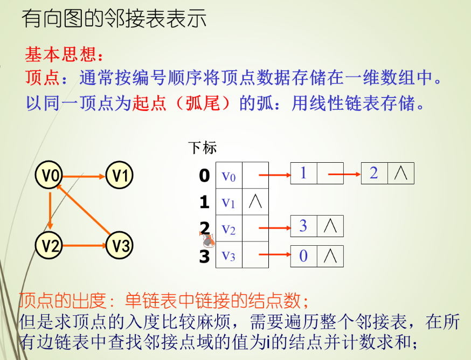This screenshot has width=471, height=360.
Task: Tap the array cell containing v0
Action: (x=229, y=175)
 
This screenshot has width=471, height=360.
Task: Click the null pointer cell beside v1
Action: (x=255, y=202)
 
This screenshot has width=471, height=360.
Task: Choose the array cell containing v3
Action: (x=229, y=255)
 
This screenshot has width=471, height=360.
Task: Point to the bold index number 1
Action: (x=204, y=202)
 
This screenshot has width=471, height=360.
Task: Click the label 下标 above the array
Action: (x=203, y=147)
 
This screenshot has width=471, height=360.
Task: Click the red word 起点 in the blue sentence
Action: (x=149, y=102)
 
